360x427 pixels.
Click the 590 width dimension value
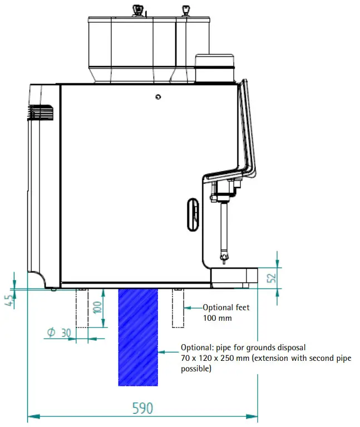tap(142, 408)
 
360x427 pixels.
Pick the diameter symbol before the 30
tap(51, 332)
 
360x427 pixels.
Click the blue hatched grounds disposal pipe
tap(138, 336)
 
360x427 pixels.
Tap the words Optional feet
tap(226, 307)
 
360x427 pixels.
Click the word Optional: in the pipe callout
tap(195, 348)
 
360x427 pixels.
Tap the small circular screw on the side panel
tap(159, 97)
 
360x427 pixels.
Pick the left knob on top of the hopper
tap(136, 9)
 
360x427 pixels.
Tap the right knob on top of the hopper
tap(184, 9)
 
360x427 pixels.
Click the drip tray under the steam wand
tap(234, 277)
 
